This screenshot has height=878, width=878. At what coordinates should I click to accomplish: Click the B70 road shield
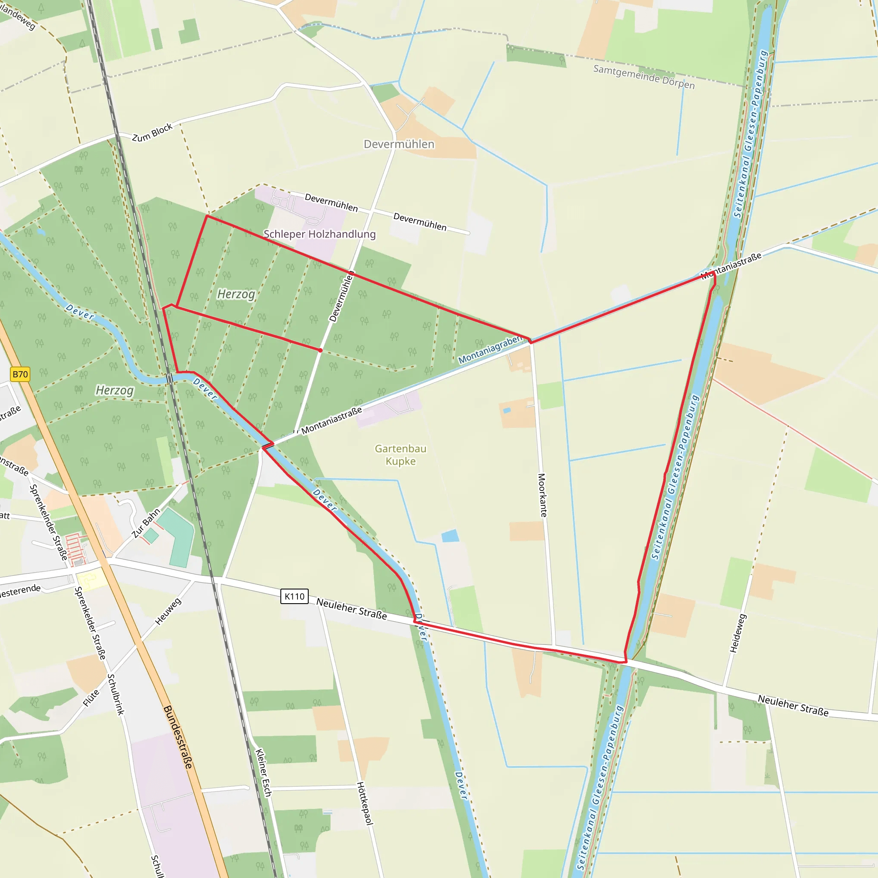[x=20, y=374]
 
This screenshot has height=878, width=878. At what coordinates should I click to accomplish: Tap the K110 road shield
[x=295, y=596]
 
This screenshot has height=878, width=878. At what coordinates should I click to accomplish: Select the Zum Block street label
[x=152, y=132]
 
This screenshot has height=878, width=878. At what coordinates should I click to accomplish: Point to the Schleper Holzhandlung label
[x=319, y=234]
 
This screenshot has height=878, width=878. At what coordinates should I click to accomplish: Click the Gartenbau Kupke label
[x=400, y=455]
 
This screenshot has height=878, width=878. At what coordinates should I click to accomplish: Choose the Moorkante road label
[x=542, y=495]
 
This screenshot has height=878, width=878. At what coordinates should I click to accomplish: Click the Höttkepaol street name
[x=364, y=803]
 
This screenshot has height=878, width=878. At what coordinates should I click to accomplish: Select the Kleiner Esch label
[x=263, y=773]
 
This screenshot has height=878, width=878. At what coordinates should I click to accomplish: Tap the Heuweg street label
[x=168, y=611]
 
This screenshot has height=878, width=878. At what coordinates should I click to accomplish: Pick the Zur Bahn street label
[x=146, y=523]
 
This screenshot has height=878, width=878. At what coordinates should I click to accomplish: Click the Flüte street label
[x=91, y=698]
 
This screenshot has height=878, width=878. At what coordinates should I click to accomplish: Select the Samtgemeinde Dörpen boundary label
[x=643, y=77]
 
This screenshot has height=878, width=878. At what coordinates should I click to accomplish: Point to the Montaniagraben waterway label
[x=490, y=349]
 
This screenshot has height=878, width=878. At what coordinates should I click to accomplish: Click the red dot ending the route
[x=320, y=350]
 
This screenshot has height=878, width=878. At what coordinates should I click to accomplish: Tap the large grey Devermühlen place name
[x=399, y=144]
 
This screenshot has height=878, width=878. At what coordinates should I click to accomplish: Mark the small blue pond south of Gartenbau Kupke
[x=450, y=536]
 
